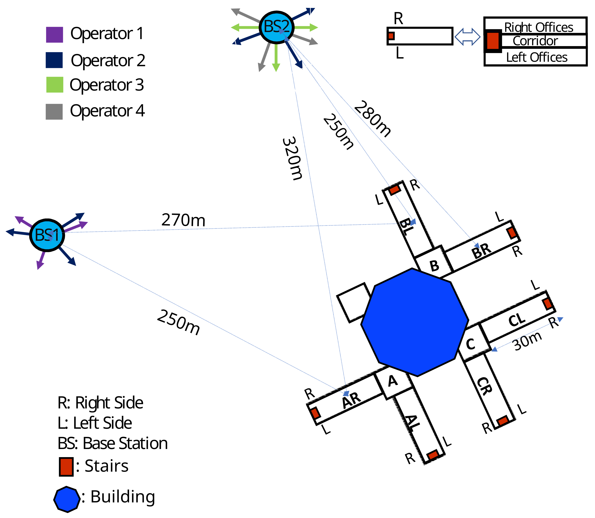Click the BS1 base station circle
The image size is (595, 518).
point(47,235)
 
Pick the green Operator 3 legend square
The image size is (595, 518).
point(55,85)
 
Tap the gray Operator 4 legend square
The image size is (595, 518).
point(54,112)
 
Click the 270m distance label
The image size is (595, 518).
point(183,220)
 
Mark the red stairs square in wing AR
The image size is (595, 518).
point(315,413)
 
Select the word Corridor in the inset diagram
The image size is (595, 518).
point(535,41)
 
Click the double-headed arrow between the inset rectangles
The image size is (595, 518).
point(467,37)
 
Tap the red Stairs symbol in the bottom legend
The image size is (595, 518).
point(66,467)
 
